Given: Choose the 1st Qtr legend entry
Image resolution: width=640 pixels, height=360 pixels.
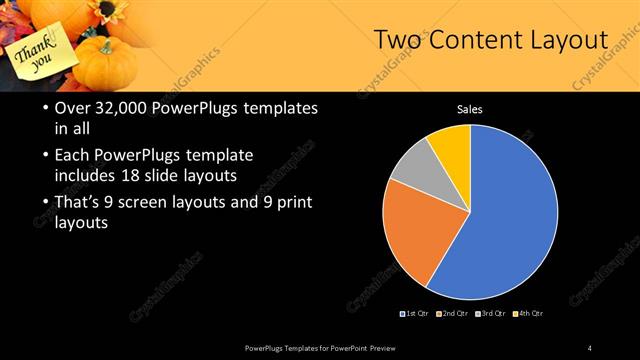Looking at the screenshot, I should click(416, 314).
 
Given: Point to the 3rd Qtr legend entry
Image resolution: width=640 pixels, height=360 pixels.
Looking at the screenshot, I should click(491, 314).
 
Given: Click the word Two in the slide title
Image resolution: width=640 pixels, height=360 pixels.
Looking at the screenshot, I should click(398, 40).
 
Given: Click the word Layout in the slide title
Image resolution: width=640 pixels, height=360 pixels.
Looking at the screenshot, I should click(571, 40).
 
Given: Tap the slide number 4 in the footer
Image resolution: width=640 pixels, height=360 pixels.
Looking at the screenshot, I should click(590, 347).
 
